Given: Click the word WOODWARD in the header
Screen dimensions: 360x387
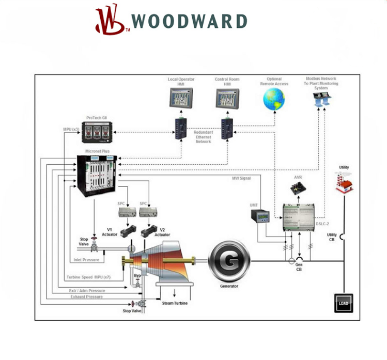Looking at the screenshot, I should tap(189, 21).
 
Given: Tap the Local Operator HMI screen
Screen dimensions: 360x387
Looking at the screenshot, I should tap(181, 98).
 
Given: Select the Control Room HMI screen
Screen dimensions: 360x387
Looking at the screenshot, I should tap(228, 98).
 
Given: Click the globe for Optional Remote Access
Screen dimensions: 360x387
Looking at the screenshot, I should tap(274, 99).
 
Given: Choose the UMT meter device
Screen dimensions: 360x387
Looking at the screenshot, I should tap(264, 215).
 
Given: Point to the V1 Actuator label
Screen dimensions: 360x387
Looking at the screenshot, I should tap(110, 232).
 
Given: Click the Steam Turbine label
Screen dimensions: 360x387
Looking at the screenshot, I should tap(175, 303).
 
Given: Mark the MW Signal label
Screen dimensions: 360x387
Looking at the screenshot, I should tap(242, 178).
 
